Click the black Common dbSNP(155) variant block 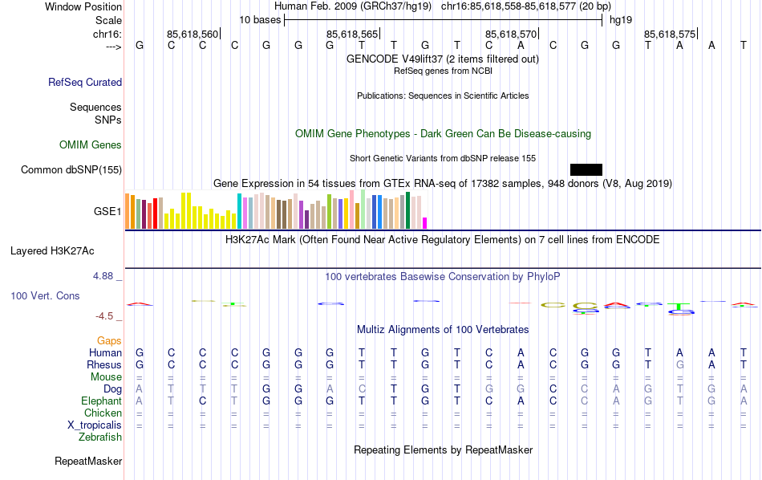click(x=586, y=169)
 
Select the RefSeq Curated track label click(x=85, y=82)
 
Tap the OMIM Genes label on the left click(x=91, y=145)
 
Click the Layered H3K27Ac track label click(x=66, y=250)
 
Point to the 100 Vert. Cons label click(x=45, y=296)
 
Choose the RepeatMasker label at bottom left click(x=88, y=462)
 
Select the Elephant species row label click(x=101, y=401)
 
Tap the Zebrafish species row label click(x=100, y=437)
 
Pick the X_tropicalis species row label click(x=95, y=425)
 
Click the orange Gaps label click(x=109, y=341)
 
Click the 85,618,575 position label click(x=669, y=35)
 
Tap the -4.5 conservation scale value click(x=105, y=316)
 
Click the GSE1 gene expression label click(x=107, y=212)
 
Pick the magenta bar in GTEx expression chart click(x=425, y=223)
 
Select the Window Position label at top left click(x=83, y=6)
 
